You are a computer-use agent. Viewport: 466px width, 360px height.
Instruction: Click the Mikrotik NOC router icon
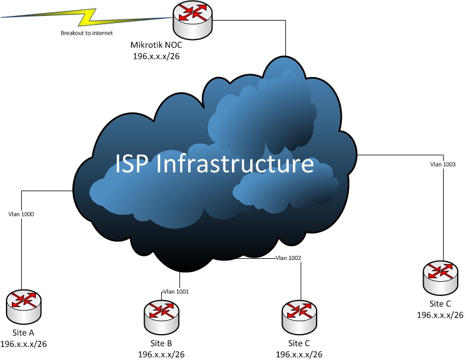point(192,19)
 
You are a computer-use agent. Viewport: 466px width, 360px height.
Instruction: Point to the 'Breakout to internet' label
point(86,34)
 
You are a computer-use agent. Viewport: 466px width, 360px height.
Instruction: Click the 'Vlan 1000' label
point(21,214)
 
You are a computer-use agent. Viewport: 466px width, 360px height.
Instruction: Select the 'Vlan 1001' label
point(176,291)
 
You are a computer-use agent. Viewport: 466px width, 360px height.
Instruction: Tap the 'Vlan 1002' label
point(288,258)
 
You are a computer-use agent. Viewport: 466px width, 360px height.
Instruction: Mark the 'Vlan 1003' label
point(443,164)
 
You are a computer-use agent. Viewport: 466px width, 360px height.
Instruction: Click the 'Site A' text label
point(24,333)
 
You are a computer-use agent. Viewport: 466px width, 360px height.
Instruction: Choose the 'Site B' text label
point(161,343)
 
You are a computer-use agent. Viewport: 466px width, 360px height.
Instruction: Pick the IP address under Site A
point(24,344)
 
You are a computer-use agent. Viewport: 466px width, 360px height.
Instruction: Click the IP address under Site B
point(161,354)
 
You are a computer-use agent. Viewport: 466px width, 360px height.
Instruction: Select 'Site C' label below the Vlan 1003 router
point(440,304)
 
